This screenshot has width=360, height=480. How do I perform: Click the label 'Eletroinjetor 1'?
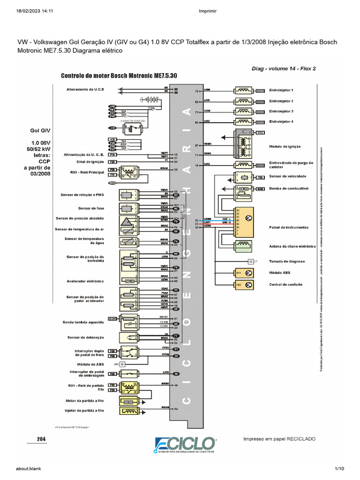point(281,90)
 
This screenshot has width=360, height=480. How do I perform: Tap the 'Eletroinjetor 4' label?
point(281,121)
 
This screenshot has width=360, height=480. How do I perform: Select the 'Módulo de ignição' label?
point(285,147)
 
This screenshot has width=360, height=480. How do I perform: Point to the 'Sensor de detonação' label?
point(86,337)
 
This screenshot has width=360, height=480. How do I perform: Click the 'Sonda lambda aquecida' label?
point(83,322)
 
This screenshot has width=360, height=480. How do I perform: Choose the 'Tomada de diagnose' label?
point(287,261)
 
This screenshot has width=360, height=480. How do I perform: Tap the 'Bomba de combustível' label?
point(288,188)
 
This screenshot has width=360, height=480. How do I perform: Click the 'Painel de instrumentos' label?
point(289,227)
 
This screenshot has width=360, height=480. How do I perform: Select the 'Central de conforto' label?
point(285,285)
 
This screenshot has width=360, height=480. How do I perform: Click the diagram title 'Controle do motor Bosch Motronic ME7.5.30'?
point(119,76)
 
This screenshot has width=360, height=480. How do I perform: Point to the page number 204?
point(42,439)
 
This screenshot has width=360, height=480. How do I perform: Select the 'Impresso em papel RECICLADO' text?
point(279,439)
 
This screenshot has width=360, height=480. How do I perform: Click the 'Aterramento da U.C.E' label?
point(85,89)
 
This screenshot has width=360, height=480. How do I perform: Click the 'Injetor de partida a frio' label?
point(85,411)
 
